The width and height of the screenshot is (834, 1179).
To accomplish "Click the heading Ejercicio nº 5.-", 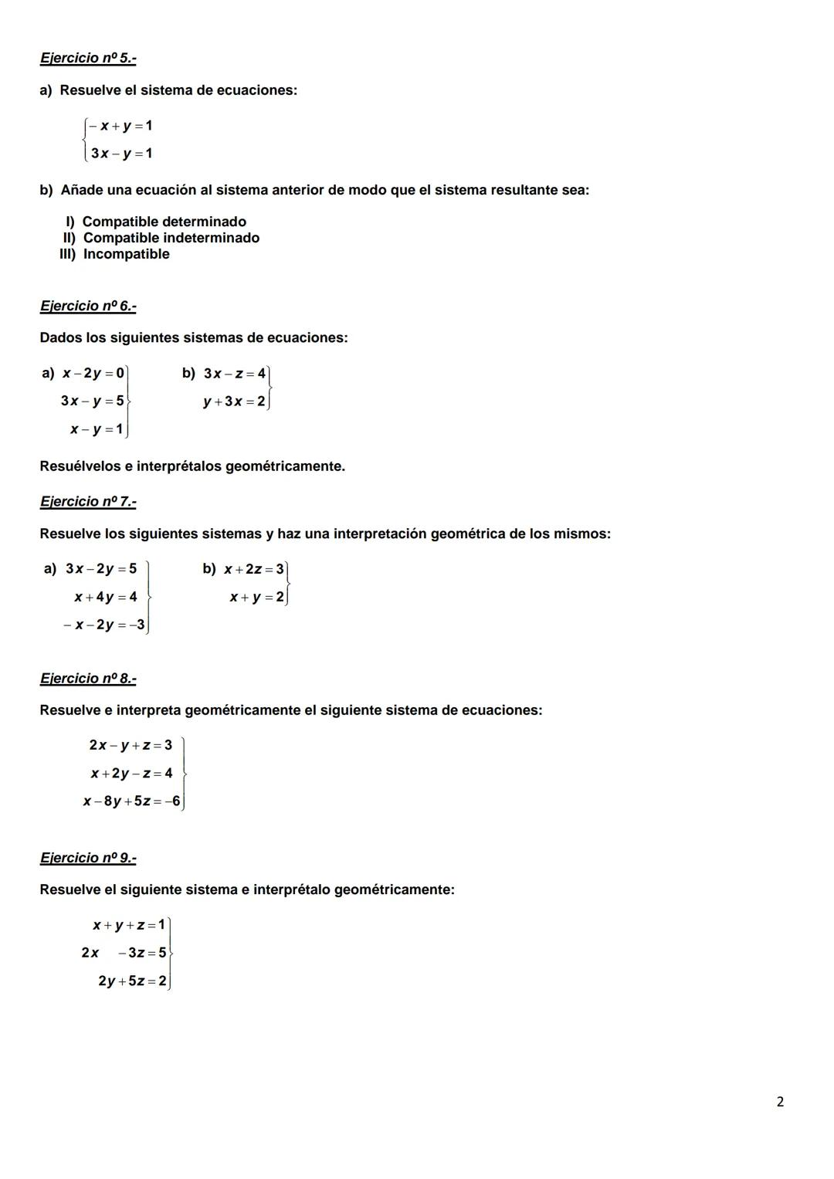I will (x=88, y=58).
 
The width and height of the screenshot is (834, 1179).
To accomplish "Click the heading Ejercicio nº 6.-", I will (x=88, y=306).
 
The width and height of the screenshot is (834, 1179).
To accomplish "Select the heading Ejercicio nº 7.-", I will (x=88, y=502).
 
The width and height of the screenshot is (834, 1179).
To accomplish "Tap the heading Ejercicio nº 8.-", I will (x=88, y=679).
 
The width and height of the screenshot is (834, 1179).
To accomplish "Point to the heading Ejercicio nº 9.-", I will (x=88, y=858).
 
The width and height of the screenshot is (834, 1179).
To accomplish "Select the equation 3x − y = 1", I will (x=121, y=153).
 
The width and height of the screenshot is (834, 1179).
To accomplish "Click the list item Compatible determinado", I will (x=164, y=222).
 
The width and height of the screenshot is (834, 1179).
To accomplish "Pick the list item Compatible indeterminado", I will (x=171, y=238).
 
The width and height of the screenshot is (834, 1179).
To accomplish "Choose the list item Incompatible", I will (x=126, y=254).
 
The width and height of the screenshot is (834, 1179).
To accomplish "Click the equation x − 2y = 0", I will (x=93, y=374).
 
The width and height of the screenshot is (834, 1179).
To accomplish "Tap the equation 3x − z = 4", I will (x=235, y=374).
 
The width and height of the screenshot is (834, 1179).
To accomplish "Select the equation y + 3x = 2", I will (x=234, y=401).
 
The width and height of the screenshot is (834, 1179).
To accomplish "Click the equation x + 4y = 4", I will (x=106, y=597).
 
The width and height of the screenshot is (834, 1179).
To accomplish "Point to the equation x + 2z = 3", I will (x=254, y=570).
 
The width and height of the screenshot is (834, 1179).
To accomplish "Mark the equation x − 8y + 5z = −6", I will (x=131, y=801).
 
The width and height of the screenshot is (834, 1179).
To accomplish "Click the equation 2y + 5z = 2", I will (x=132, y=981).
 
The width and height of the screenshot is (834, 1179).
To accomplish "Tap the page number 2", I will (x=779, y=1102).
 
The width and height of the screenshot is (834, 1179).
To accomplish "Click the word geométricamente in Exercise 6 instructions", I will (x=285, y=466).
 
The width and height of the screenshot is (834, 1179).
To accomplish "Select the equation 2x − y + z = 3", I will (x=131, y=745).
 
